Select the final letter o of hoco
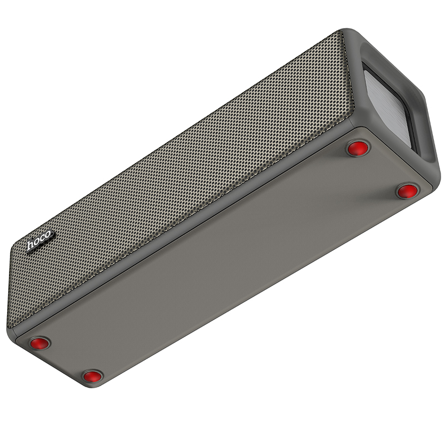pos(48,235)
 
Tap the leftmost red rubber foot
pos(39,343)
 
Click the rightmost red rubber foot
pos(407,191)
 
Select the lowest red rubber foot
pos(92,377)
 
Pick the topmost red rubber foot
pos(358,149)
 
